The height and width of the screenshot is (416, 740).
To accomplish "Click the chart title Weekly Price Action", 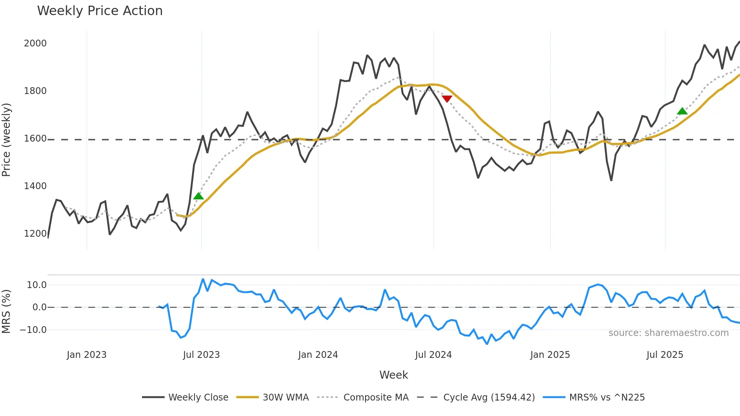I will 100,11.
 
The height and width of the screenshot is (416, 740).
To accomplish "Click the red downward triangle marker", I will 447,99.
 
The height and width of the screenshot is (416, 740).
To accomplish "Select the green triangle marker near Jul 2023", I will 198,196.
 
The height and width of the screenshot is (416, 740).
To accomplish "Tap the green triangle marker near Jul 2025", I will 682,111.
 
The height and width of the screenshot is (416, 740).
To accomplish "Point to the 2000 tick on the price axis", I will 35,43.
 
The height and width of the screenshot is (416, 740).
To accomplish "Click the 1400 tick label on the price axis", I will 35,186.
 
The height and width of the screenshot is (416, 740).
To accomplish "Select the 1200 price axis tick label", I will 35,234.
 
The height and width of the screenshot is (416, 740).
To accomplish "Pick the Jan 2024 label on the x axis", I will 318,355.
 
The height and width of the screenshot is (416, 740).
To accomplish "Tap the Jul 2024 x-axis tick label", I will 433,355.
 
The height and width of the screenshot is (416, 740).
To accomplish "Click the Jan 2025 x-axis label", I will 550,355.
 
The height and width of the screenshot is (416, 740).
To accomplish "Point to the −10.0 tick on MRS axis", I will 33,330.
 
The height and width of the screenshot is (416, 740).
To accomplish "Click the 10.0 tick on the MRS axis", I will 36,285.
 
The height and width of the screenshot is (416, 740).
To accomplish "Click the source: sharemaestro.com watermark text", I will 668,333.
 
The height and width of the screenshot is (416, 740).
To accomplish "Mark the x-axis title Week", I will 393,375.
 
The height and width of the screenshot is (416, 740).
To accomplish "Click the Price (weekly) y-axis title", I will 6,140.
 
